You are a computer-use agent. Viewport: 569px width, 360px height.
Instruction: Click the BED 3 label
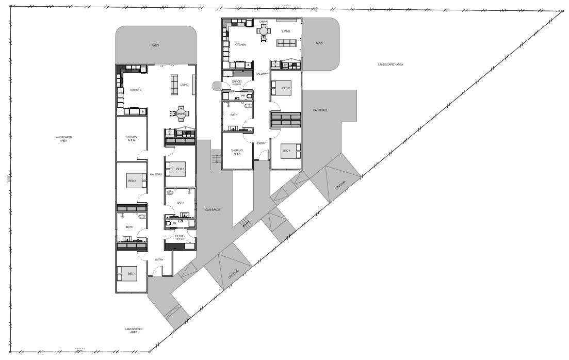pos(180,169)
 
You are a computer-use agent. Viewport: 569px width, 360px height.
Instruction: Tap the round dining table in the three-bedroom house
pos(181,114)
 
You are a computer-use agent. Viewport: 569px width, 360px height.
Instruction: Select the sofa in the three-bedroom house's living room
pos(174,83)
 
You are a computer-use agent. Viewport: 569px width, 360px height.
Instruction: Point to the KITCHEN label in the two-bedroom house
pos(240,45)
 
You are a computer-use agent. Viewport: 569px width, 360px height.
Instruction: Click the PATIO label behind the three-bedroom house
pos(155,45)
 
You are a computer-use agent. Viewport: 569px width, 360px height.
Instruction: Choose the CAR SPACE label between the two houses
pos(213,210)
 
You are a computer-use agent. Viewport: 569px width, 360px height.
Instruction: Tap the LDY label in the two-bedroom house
pos(285,64)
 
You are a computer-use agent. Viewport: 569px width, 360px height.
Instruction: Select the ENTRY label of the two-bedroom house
pos(261,143)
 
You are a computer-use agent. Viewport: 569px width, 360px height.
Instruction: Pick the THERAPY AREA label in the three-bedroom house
pos(131,138)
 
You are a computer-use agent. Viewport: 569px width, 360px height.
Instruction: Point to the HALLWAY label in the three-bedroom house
pos(156,175)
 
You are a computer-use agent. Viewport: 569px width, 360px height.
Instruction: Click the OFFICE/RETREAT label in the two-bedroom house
pos(237,82)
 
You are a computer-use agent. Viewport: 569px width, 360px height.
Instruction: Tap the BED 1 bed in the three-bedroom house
pos(127,273)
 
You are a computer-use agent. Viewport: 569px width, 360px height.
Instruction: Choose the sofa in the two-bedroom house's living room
pos(286,43)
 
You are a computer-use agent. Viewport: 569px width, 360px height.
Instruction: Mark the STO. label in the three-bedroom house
pos(169,132)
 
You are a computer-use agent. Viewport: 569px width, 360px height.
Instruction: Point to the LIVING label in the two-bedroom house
pos(286,31)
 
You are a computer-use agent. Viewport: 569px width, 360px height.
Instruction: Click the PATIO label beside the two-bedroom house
pos(319,43)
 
